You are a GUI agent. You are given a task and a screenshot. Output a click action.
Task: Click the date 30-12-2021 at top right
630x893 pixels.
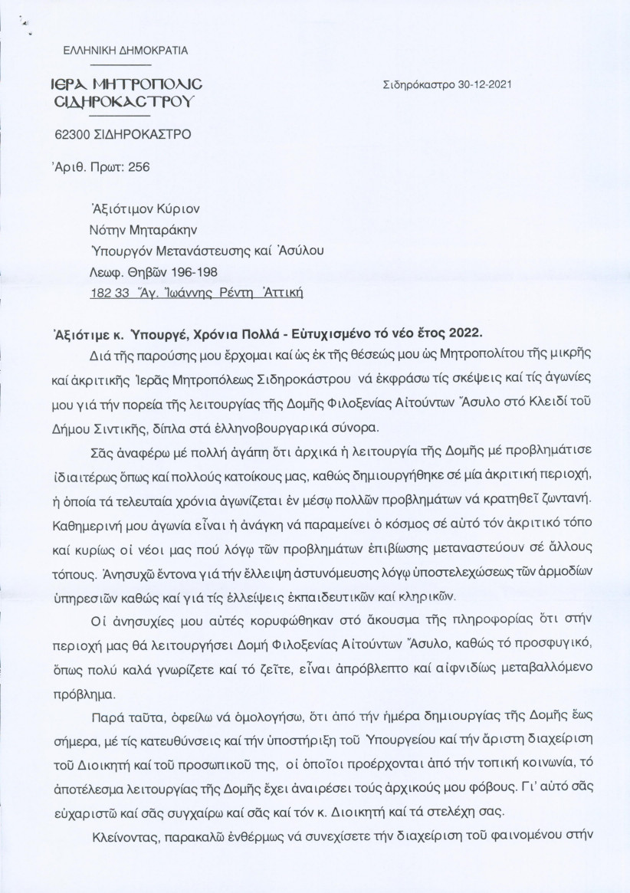click(x=474, y=86)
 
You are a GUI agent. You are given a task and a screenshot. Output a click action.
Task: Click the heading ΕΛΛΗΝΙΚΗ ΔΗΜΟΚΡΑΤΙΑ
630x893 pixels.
click(x=126, y=50)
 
